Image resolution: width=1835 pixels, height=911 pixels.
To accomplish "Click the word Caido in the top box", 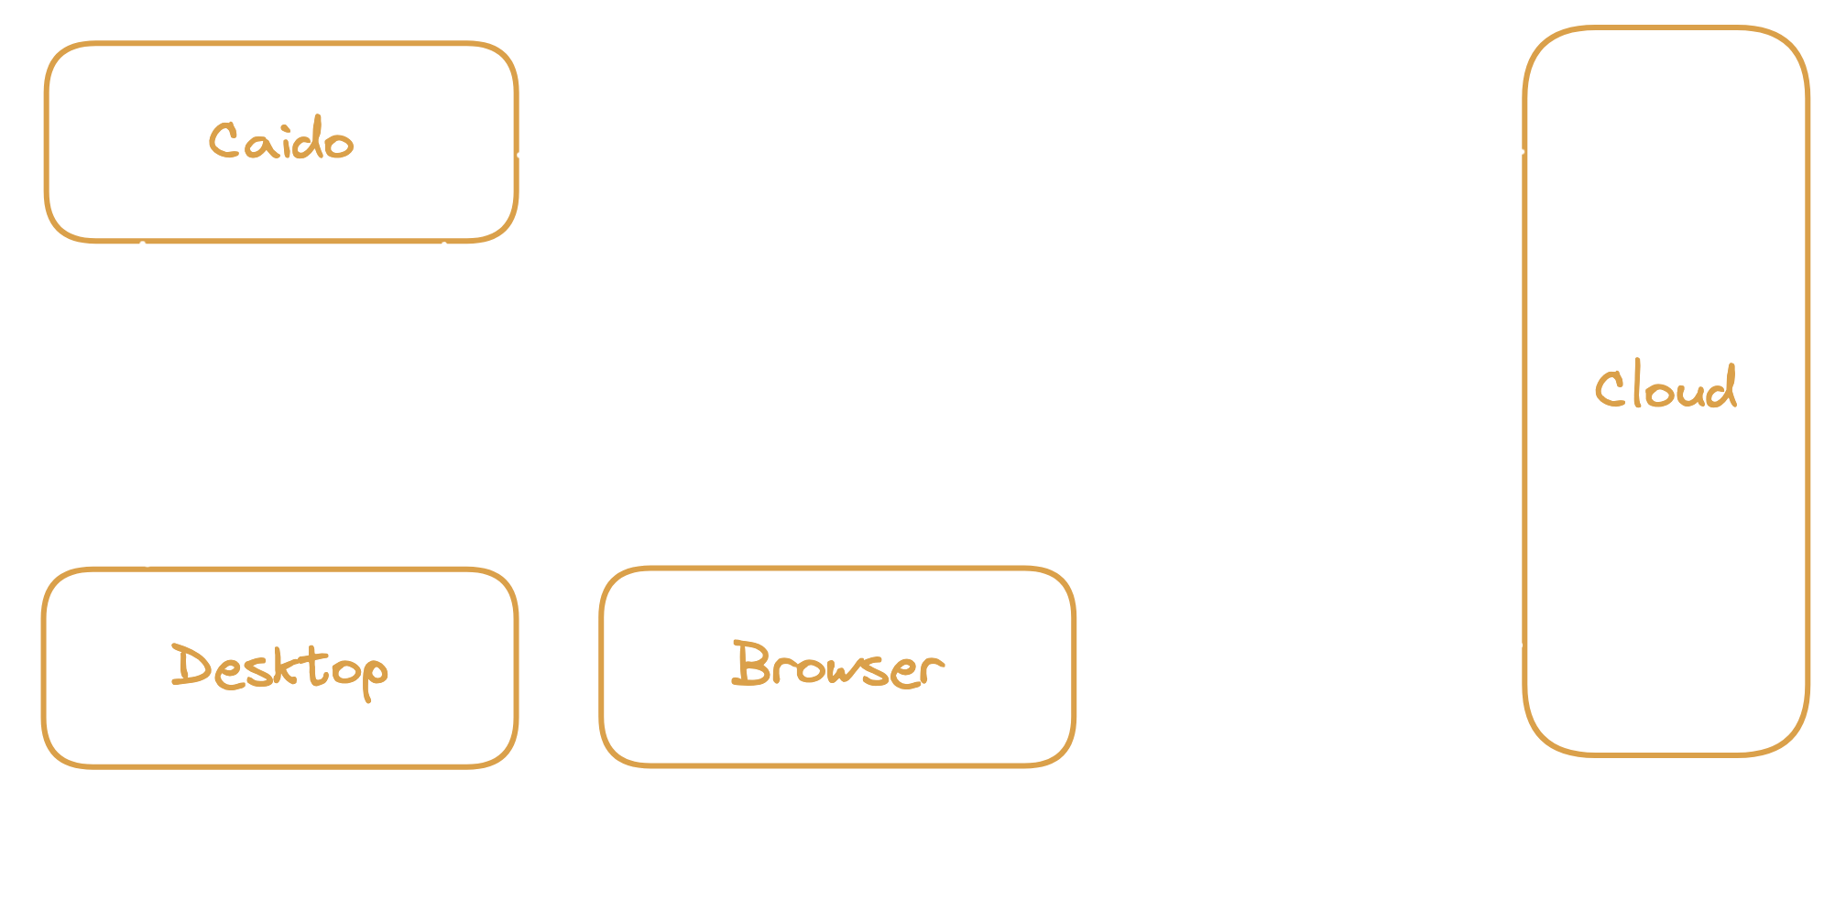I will (x=280, y=142).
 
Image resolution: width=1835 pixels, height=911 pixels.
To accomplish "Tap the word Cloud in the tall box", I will (x=1665, y=388).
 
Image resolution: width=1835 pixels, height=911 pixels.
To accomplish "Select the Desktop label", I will (x=279, y=667).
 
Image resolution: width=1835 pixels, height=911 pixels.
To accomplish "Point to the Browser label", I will (x=837, y=665).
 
